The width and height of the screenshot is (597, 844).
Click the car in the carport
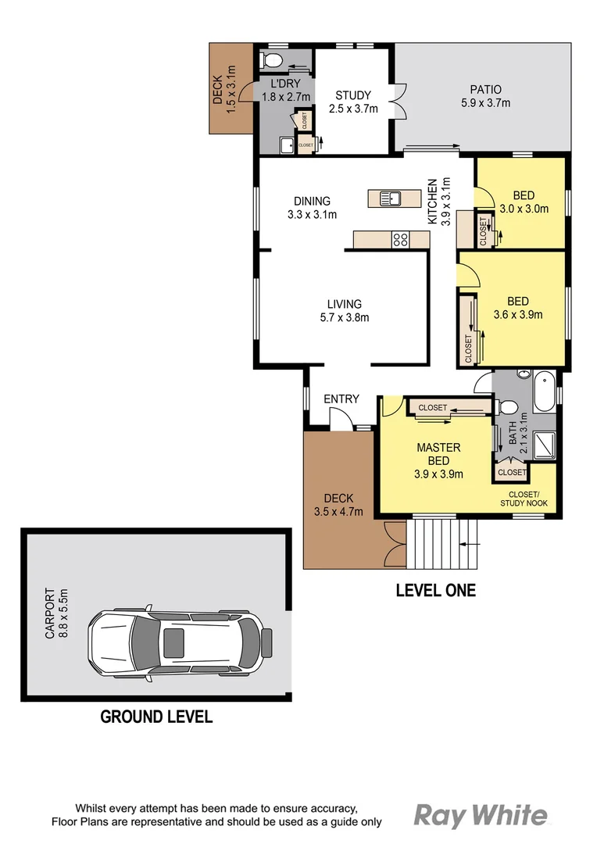pos(181,642)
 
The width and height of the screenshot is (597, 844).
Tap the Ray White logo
pos(480,816)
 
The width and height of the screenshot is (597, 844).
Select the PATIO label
pos(485,90)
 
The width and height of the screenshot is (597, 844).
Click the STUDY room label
pos(352,96)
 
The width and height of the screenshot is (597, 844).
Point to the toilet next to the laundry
pos(270,59)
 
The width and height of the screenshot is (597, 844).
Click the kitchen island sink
pos(390,198)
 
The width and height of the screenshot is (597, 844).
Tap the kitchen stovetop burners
pos(400,240)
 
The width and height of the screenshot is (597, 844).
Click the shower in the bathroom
pos(544,446)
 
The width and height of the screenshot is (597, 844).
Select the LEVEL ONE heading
pos(435,590)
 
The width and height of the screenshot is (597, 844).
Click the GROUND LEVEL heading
pos(156,717)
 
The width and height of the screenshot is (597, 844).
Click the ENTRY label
pos(341,399)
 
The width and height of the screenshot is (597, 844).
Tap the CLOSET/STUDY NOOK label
pos(524,498)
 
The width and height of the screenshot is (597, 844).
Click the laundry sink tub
pos(287,144)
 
